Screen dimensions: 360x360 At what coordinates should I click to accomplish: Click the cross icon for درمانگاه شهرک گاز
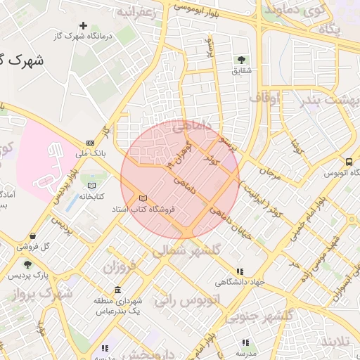pyautogui.click(x=84, y=26)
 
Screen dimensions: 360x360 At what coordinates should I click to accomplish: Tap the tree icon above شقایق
pyautogui.click(x=242, y=60)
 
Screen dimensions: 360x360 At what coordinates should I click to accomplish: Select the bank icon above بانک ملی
pyautogui.click(x=90, y=142)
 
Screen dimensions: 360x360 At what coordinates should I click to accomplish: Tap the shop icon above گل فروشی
pyautogui.click(x=32, y=236)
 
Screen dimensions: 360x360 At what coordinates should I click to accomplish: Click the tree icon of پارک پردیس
pyautogui.click(x=27, y=265)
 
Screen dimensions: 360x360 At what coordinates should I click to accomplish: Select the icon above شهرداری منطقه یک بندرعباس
pyautogui.click(x=117, y=290)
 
